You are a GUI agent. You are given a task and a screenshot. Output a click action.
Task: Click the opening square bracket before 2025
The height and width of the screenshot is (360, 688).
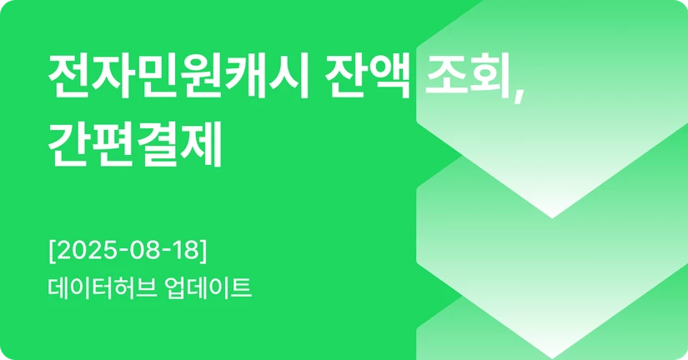(53, 249)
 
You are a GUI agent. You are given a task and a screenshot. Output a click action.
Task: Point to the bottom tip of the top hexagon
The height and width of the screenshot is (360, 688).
(552, 217)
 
